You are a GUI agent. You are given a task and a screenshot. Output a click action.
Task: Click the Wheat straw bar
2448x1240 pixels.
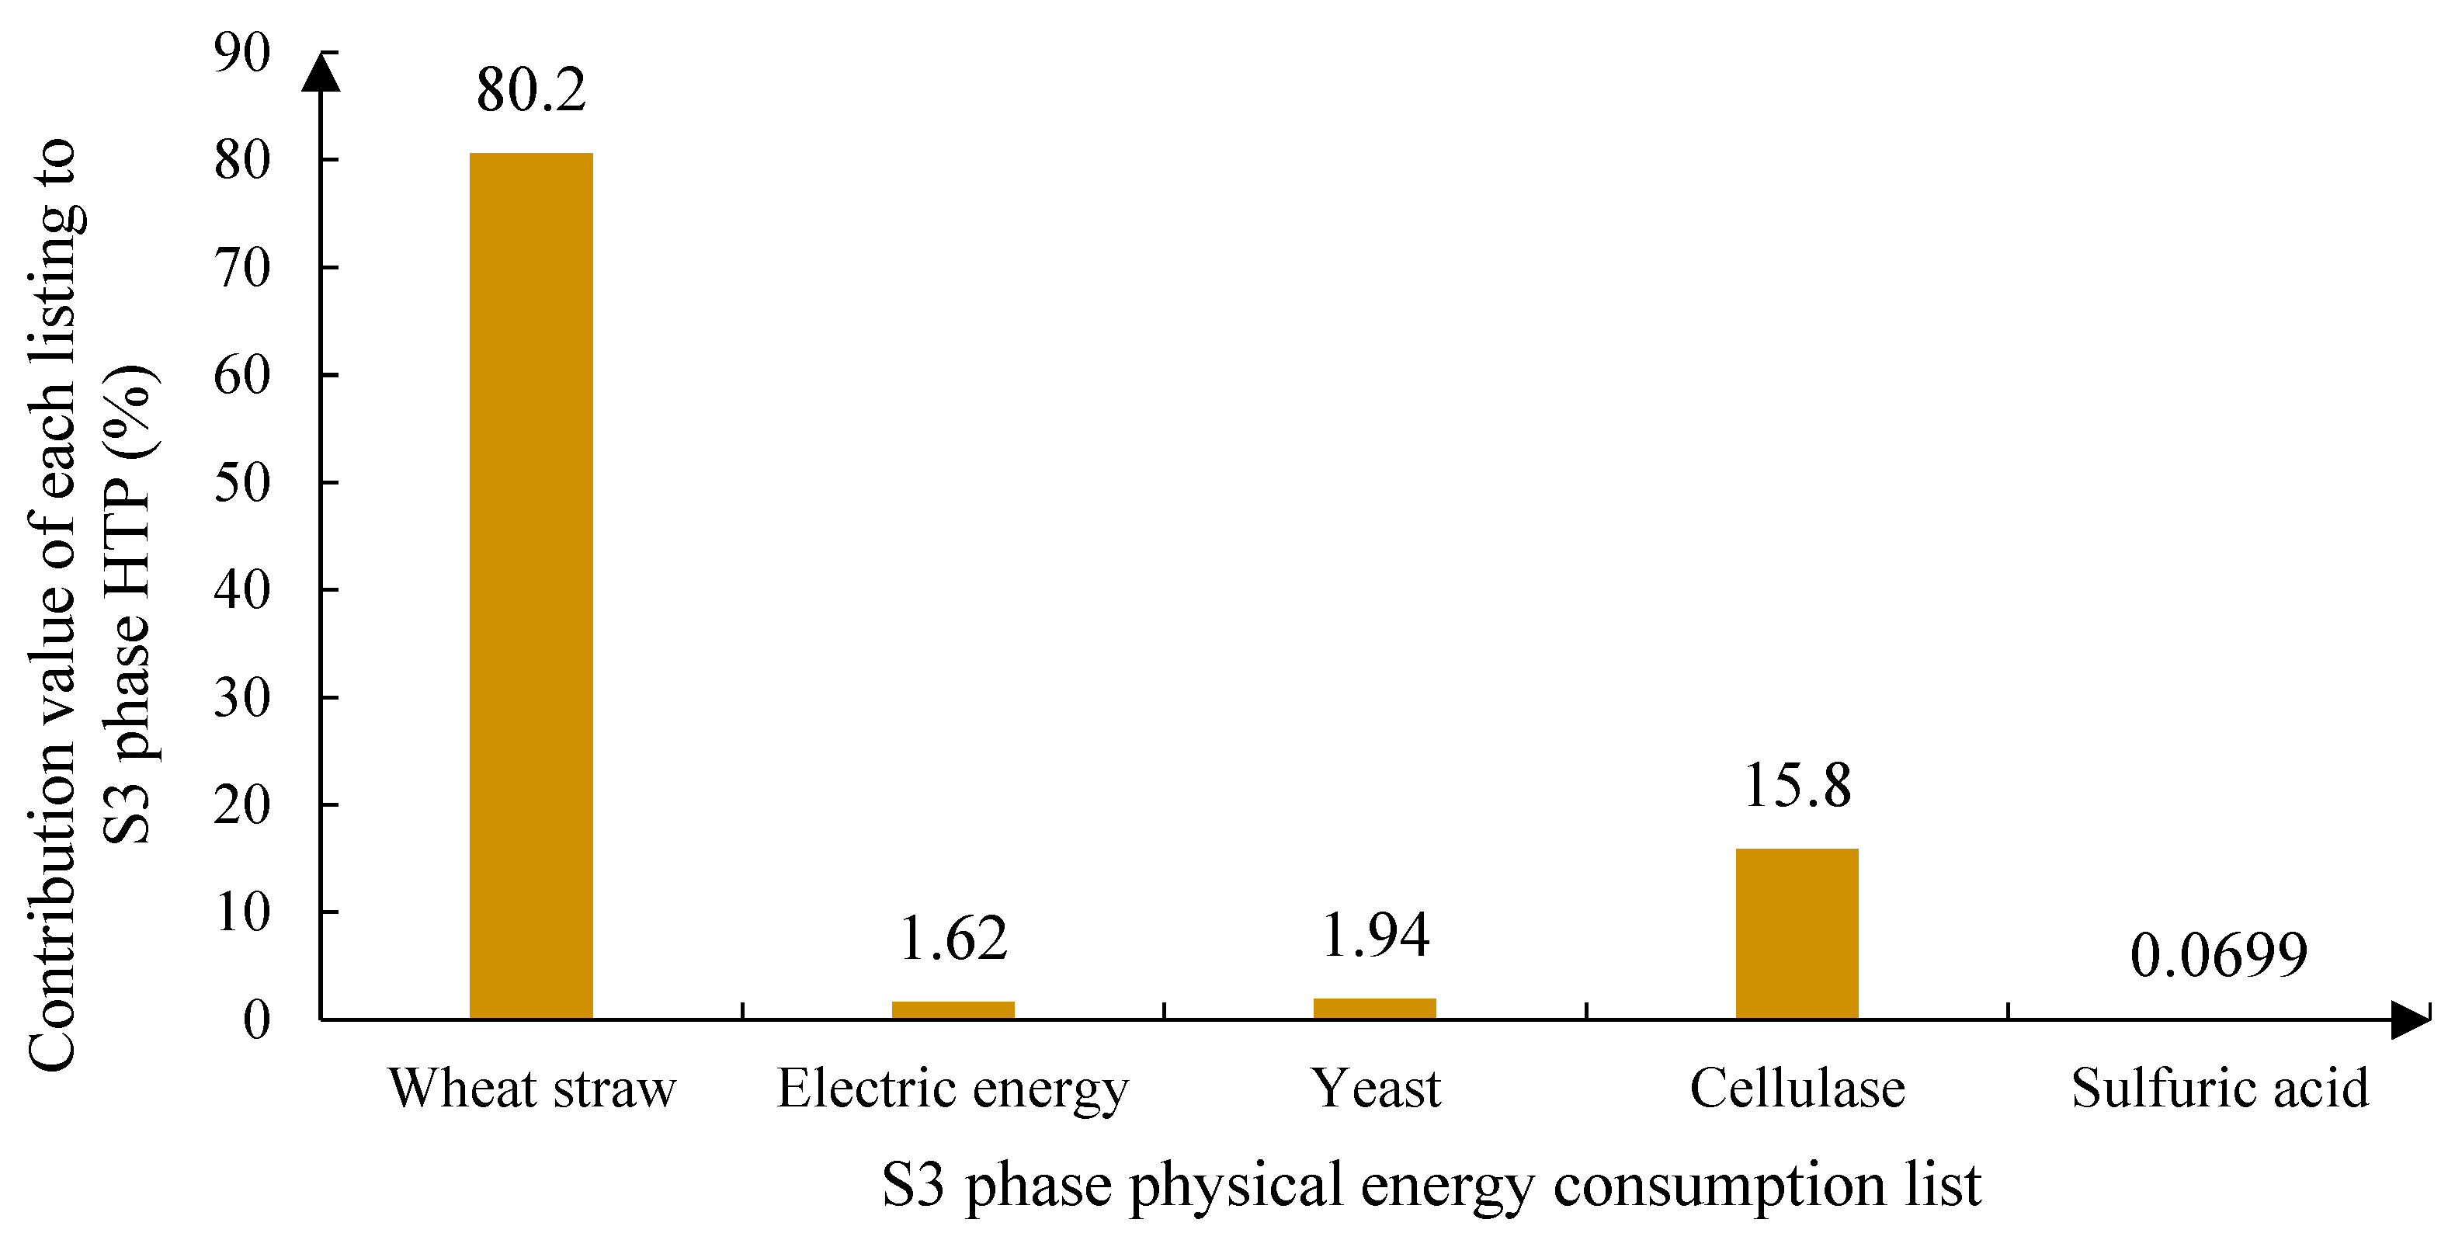point(530,585)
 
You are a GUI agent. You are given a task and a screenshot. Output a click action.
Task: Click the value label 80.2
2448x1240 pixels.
point(531,90)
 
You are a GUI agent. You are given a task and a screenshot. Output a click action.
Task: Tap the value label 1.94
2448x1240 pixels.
point(1374,935)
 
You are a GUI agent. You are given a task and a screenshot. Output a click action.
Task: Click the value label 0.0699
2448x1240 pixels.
point(2218,955)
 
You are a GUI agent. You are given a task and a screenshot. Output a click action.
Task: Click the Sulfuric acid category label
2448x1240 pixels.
point(2219,1088)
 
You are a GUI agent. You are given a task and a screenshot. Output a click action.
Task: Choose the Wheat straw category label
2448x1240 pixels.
point(531,1088)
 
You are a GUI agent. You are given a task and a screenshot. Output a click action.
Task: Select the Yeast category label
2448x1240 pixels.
point(1375,1088)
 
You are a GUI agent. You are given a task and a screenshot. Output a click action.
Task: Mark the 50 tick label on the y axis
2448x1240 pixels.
point(241,483)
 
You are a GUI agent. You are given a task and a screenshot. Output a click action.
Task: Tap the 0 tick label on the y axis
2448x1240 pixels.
point(255,1020)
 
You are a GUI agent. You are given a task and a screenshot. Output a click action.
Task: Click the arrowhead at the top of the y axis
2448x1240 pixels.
point(321,73)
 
